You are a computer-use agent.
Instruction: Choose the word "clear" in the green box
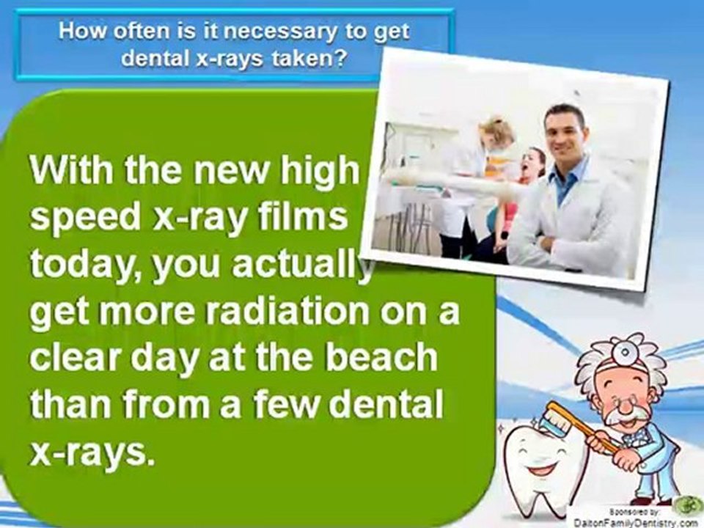[80, 359]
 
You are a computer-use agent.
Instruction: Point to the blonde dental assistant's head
[499, 133]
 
